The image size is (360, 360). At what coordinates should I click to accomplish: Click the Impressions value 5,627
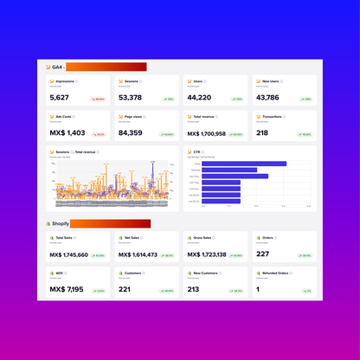point(60,98)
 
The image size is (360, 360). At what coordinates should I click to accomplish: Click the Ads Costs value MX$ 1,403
point(67,133)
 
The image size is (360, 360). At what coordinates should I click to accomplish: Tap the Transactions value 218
point(262,133)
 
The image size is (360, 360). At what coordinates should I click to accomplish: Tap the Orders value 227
point(262,254)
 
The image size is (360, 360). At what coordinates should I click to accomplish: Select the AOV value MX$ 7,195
point(67,289)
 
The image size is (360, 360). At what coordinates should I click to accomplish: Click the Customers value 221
point(125,289)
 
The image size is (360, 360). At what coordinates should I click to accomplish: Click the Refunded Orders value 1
point(257,289)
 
